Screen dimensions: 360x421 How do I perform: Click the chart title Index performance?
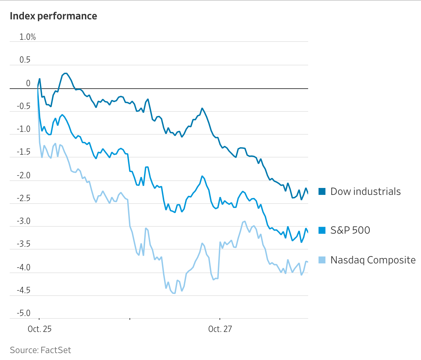coord(53,16)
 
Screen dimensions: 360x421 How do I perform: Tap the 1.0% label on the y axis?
coord(27,37)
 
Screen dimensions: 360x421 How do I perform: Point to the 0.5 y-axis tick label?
coord(25,60)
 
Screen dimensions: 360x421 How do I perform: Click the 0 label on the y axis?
coord(28,83)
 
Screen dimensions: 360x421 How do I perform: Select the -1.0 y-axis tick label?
coord(24,129)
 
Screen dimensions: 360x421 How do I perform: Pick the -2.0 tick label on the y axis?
coord(24,175)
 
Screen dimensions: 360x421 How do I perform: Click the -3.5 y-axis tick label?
coord(24,244)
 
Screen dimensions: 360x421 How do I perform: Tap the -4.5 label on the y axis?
coord(24,290)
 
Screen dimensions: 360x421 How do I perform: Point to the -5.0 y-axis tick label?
coord(24,313)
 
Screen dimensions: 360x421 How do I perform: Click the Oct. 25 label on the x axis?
coord(39,329)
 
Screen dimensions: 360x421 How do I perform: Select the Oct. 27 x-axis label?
coord(220,329)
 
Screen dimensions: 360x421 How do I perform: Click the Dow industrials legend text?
coord(365,191)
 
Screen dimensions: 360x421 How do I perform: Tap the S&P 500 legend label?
coord(350,230)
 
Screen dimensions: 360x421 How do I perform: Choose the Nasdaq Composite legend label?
coord(373,260)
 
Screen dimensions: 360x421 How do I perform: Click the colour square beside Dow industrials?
coord(322,191)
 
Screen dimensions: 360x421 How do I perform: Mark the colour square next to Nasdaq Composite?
coord(322,260)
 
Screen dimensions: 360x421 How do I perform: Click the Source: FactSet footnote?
coord(40,350)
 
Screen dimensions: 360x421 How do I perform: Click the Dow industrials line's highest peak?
coord(65,73)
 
